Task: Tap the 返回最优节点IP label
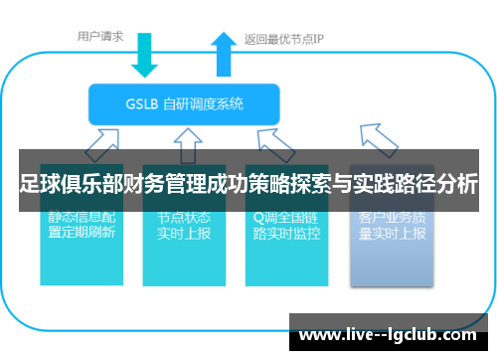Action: (284, 41)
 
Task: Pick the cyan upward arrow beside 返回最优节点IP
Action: (220, 55)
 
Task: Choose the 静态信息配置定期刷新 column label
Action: (82, 226)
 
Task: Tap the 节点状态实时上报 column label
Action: (183, 226)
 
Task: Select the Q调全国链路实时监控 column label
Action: (286, 226)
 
